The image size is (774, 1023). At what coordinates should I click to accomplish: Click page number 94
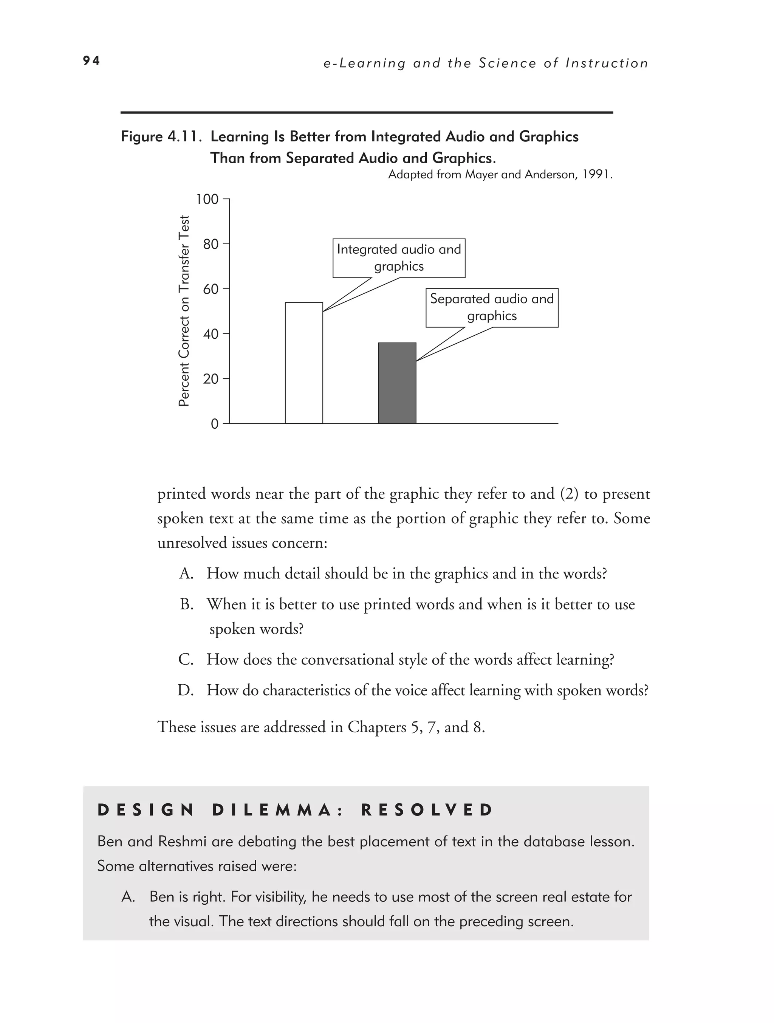tap(91, 60)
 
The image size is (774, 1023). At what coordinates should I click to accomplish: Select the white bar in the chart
tap(304, 363)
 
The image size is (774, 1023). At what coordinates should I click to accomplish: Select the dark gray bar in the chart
tap(397, 383)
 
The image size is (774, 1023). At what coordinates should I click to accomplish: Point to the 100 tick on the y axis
tap(207, 199)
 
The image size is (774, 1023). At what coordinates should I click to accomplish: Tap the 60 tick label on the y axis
tap(211, 289)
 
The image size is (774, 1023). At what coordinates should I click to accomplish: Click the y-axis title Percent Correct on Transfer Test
tap(184, 311)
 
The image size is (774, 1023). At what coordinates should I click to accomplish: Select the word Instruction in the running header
tap(607, 64)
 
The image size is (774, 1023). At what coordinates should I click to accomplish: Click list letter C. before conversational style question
tap(186, 659)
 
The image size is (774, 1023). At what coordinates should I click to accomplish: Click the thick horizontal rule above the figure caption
tap(366, 112)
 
